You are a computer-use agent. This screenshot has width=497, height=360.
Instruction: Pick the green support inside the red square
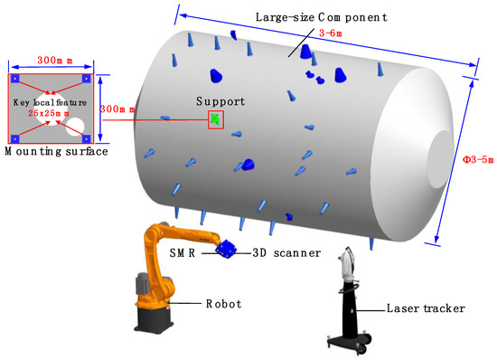[215, 119]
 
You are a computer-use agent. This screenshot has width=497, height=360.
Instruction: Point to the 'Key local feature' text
[50, 102]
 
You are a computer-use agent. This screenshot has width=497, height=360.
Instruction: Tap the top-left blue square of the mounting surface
[15, 80]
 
